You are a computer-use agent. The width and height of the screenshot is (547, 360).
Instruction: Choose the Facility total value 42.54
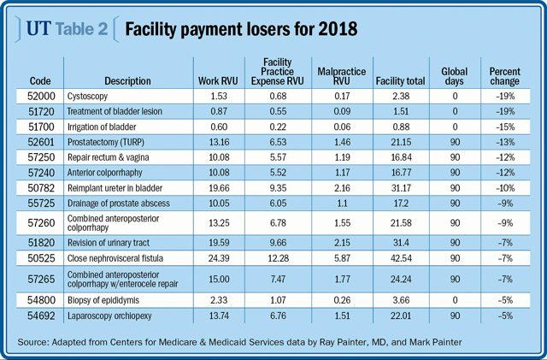[394, 257]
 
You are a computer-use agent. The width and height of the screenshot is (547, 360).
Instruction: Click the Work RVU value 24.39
[219, 257]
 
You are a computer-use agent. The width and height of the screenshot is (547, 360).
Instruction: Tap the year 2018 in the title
[334, 29]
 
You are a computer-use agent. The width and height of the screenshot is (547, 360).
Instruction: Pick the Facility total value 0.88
[394, 127]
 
